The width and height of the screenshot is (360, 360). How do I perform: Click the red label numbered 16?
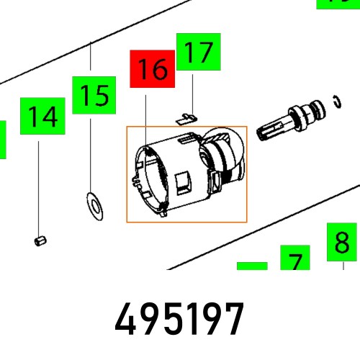pos(152,69)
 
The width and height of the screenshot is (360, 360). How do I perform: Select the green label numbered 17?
pos(198,53)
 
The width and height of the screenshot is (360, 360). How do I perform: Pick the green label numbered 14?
pos(42,117)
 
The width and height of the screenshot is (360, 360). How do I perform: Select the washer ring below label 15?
pos(93,205)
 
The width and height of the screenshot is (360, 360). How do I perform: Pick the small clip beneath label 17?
pos(187,114)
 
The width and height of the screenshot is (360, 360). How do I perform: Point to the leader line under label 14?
pos(40,187)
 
